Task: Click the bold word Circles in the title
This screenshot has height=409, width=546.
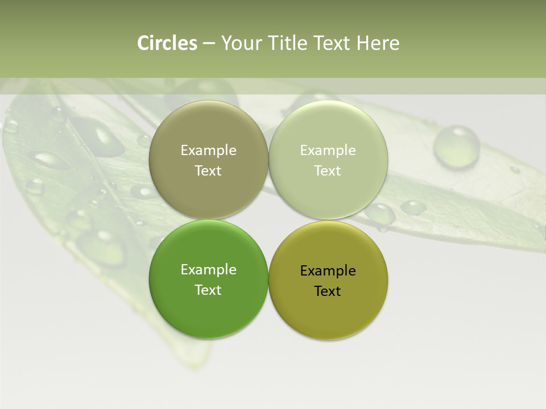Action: [167, 43]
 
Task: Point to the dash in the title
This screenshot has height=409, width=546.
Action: [209, 43]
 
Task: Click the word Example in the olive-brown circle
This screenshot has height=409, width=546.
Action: [208, 151]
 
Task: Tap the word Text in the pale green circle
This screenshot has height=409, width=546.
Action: [328, 171]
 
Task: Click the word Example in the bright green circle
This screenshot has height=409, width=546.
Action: [208, 270]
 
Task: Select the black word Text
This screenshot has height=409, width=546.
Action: [328, 291]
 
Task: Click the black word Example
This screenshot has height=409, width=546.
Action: [328, 271]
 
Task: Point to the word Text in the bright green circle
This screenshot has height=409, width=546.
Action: [208, 290]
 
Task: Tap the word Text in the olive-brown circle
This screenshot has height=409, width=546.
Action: [208, 171]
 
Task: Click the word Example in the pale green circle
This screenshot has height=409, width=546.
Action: [328, 151]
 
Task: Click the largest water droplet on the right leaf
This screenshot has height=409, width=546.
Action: [456, 147]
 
